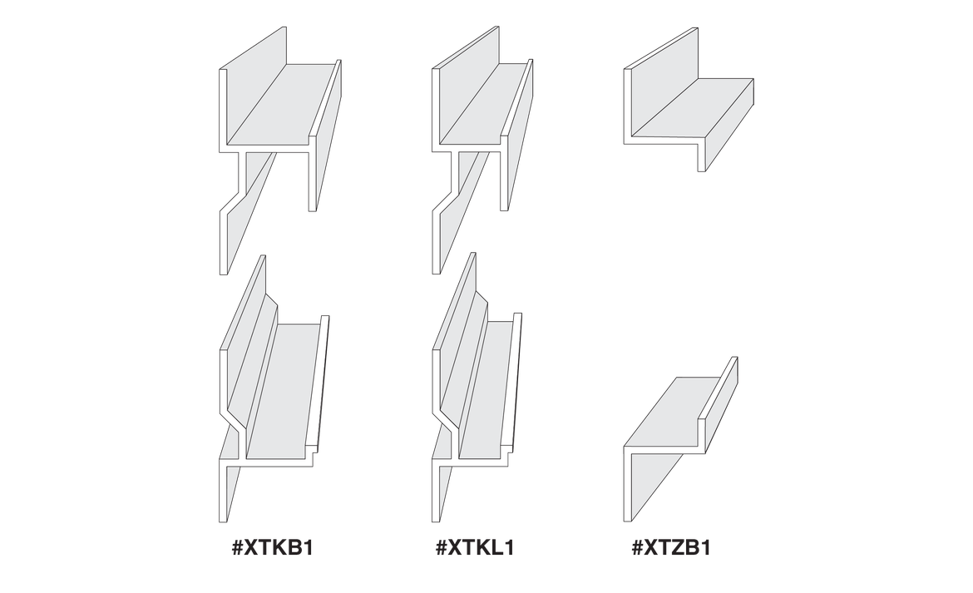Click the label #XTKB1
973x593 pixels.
[x=271, y=548]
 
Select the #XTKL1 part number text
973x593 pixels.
[x=475, y=548]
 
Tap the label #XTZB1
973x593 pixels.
[x=671, y=548]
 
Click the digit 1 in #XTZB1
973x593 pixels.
[x=704, y=548]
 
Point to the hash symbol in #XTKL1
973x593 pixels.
[x=442, y=548]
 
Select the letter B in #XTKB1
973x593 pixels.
[x=292, y=548]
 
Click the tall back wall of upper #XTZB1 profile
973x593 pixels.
[x=664, y=81]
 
